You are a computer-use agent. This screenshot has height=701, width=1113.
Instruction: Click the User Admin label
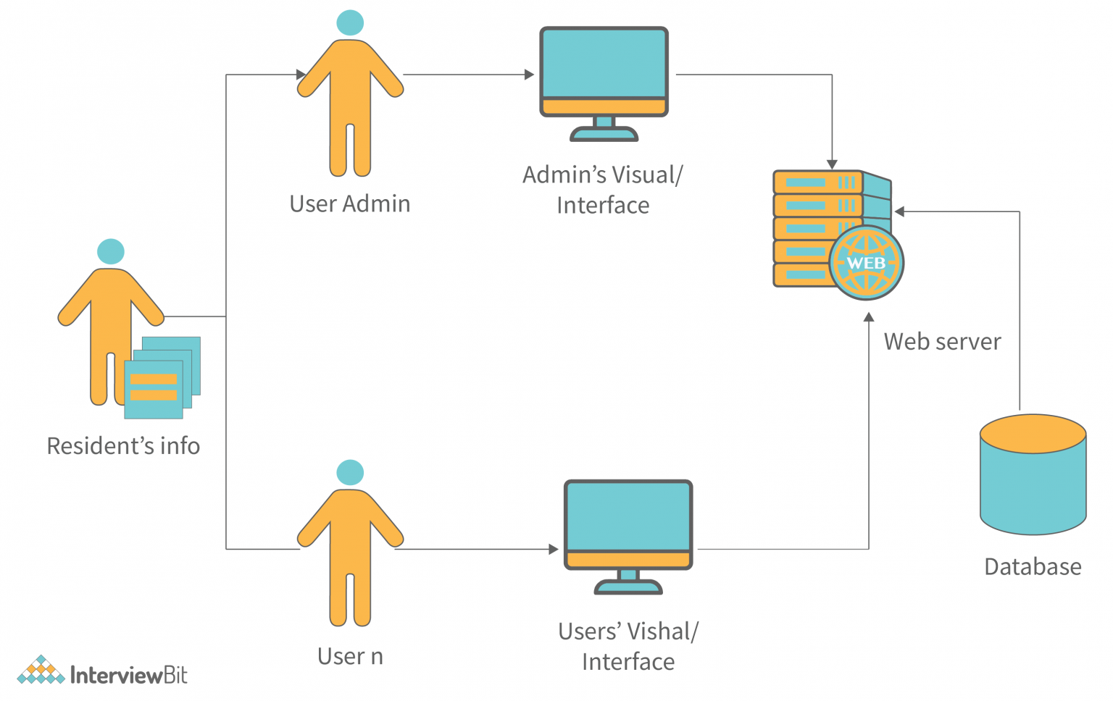pyautogui.click(x=350, y=204)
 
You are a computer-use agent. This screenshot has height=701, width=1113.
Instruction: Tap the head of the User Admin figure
pyautogui.click(x=350, y=22)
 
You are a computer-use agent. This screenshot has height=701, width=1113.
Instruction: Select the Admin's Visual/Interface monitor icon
pyautogui.click(x=604, y=80)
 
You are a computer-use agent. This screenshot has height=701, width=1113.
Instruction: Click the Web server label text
pyautogui.click(x=942, y=341)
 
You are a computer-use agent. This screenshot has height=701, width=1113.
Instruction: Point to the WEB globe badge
pyautogui.click(x=867, y=263)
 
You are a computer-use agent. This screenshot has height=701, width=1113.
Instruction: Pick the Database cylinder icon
pyautogui.click(x=1033, y=474)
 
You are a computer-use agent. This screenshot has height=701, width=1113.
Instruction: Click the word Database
pyautogui.click(x=1033, y=566)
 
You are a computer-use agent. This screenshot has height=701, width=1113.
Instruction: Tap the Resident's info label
pyautogui.click(x=123, y=446)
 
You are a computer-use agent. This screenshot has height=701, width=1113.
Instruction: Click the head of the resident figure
pyautogui.click(x=111, y=251)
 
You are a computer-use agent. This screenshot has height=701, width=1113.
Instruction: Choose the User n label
pyautogui.click(x=350, y=656)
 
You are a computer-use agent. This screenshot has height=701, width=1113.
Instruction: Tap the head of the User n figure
pyautogui.click(x=350, y=472)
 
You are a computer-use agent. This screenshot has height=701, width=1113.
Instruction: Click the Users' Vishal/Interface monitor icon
pyautogui.click(x=628, y=532)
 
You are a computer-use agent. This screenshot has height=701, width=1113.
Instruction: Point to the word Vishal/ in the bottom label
pyautogui.click(x=662, y=631)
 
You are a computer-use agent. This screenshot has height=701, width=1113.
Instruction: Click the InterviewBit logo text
pyautogui.click(x=128, y=676)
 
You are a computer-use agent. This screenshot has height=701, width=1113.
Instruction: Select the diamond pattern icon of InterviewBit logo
pyautogui.click(x=41, y=671)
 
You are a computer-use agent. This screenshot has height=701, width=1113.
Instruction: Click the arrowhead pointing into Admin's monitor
pyautogui.click(x=529, y=75)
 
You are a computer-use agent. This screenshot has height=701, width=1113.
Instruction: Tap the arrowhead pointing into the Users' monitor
pyautogui.click(x=554, y=549)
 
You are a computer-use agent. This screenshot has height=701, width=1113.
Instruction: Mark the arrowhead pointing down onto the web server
pyautogui.click(x=832, y=165)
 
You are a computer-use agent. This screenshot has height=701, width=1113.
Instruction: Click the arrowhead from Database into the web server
pyautogui.click(x=899, y=211)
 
